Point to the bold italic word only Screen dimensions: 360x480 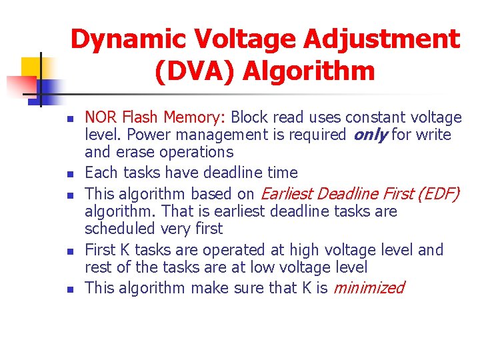(369, 135)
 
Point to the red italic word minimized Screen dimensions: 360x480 (369, 288)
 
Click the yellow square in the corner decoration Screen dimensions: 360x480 (31, 67)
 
